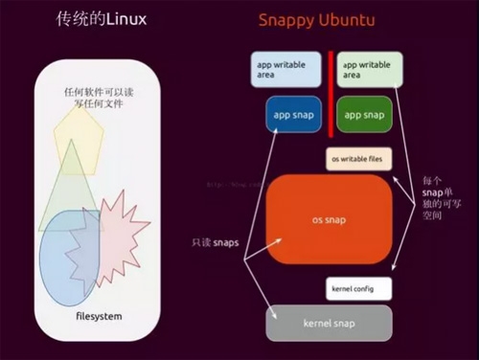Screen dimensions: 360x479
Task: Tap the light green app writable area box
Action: point(368,69)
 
